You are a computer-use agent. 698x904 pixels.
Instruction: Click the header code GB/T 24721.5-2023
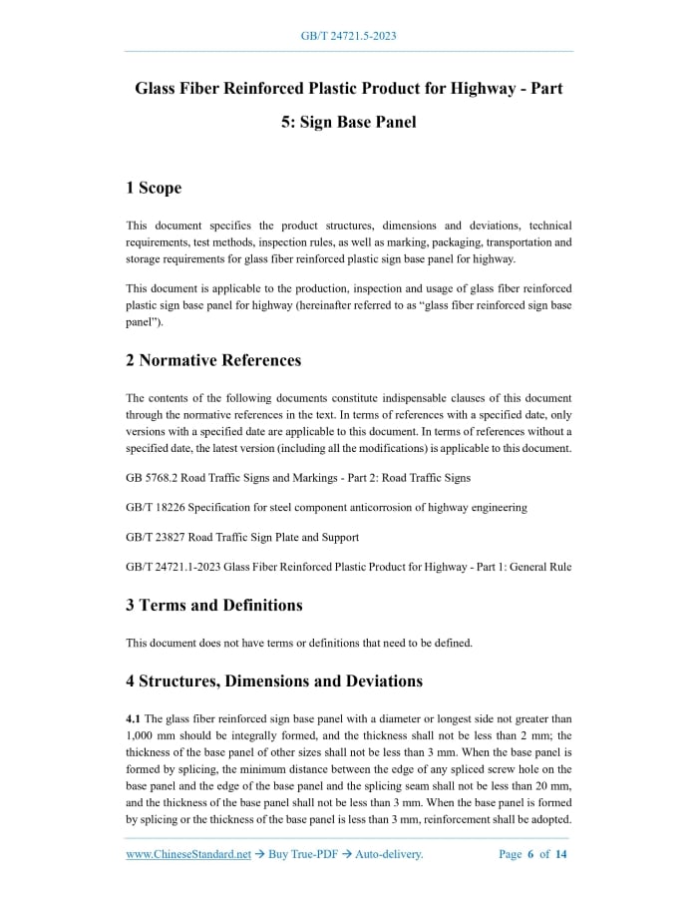349,37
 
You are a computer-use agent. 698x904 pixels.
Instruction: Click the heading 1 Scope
154,188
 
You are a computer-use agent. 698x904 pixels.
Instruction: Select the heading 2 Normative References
213,359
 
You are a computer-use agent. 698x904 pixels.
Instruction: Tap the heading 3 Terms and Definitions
214,605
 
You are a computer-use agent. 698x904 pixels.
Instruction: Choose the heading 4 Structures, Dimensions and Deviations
274,681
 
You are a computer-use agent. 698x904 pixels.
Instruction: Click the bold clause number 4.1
134,718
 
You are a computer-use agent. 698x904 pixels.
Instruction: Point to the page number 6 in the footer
530,854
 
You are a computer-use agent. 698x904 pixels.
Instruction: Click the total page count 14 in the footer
561,854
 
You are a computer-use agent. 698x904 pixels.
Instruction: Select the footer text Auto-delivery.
390,854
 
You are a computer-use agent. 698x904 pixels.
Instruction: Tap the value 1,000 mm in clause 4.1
150,736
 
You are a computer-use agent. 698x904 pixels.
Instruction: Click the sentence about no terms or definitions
299,643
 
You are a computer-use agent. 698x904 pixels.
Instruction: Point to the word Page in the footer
510,854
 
